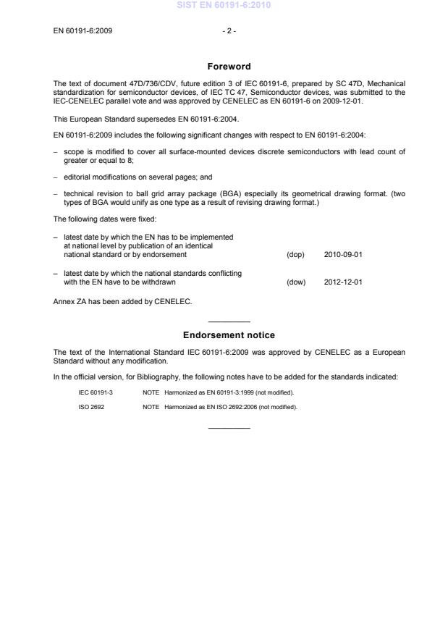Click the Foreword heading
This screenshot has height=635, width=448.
coord(229,66)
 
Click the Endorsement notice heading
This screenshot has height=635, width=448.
coord(229,335)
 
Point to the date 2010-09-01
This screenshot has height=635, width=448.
coord(343,255)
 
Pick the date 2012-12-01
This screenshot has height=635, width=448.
coord(343,282)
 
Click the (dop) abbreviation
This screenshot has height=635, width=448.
coord(295,255)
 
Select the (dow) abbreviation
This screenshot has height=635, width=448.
coord(296,282)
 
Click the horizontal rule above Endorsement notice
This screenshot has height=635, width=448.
coord(229,321)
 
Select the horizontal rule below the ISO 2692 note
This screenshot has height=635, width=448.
coord(229,427)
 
